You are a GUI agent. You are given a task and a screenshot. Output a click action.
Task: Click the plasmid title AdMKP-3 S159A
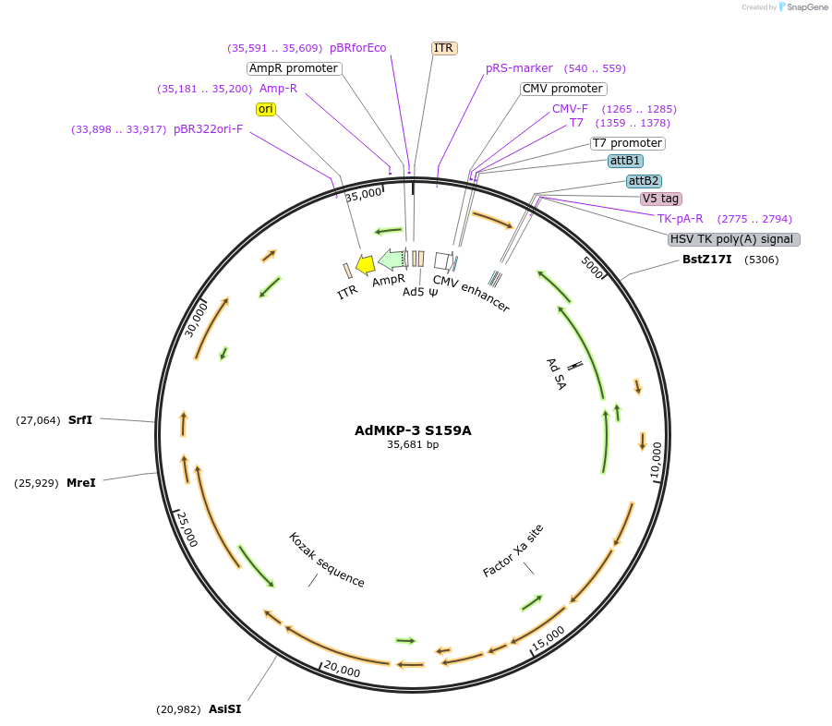point(413,430)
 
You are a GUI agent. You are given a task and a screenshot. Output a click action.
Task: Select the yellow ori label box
point(266,109)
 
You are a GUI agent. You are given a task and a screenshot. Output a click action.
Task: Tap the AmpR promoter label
point(295,68)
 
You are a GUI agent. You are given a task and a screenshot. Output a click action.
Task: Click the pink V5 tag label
point(661,199)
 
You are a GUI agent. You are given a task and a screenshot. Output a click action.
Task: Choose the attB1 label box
point(625,161)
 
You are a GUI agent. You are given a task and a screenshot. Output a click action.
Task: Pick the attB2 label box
point(644,181)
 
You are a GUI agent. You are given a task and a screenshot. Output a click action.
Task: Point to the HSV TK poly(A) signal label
point(734,239)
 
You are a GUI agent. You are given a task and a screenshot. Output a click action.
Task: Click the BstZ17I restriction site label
point(706,260)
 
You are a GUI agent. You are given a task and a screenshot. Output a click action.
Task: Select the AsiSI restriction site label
point(224,709)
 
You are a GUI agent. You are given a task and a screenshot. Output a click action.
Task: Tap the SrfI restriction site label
point(80,419)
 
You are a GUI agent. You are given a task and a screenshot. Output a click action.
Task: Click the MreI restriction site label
point(80,482)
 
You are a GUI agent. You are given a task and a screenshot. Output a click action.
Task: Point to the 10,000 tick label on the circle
point(657,461)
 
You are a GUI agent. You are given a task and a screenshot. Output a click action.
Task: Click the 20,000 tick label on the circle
point(342,669)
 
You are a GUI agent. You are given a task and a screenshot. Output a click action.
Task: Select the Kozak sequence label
point(326,560)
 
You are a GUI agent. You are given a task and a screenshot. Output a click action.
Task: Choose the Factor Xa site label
point(513,551)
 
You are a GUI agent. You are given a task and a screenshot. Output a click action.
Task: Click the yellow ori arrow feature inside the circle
point(365,265)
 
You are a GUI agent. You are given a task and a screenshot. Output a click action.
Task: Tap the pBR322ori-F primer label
point(209,129)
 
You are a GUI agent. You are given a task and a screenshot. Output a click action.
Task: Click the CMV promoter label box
point(562,89)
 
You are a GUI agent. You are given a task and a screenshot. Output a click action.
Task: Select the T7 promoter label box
point(627,143)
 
